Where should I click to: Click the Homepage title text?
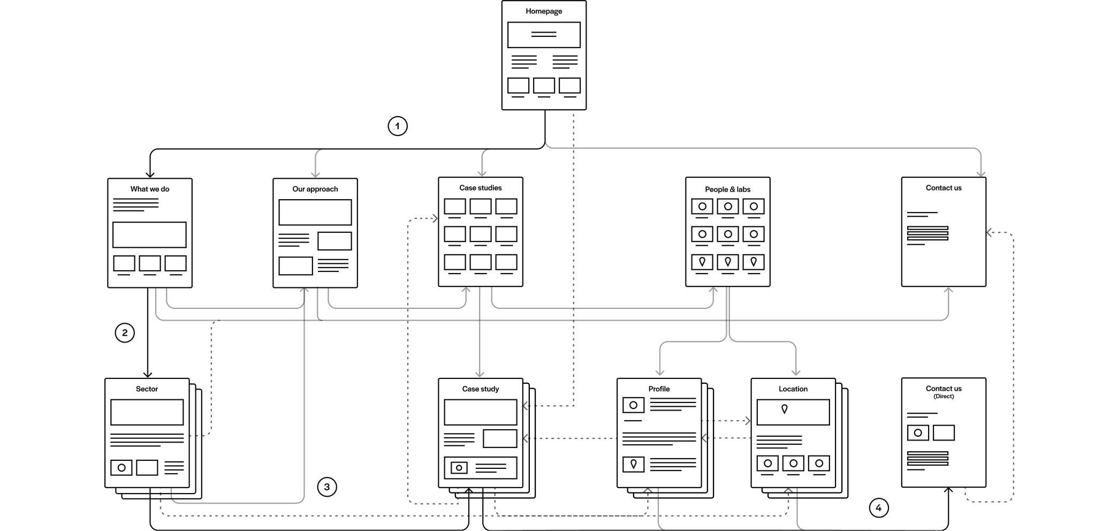point(544,11)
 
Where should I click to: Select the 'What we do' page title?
point(150,189)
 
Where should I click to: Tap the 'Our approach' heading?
point(315,189)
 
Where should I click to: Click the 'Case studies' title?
point(481,188)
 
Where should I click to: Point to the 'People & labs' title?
point(728,189)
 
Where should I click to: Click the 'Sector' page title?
point(147,389)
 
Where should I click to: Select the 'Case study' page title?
point(481,389)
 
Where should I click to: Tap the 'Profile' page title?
point(659,389)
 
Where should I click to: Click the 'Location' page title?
point(793,389)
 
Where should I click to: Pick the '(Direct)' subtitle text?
point(944,397)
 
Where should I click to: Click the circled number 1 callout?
point(397,126)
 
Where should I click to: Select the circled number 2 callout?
point(125,333)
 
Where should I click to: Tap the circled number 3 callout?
point(327,487)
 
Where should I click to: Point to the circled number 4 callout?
point(879,508)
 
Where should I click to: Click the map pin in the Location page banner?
point(785,409)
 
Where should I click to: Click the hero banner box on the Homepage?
point(544,35)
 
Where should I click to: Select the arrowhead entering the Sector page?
point(148,374)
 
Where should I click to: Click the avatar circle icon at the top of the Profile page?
point(634,405)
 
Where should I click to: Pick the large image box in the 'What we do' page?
point(149,235)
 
